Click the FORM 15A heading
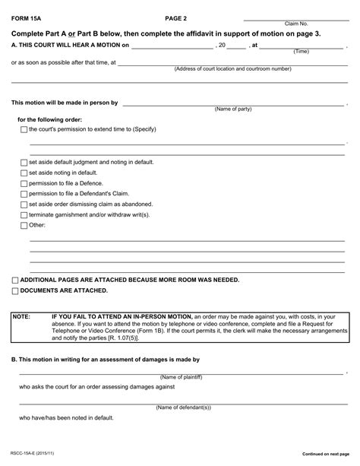pyautogui.click(x=27, y=17)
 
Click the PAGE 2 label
pyautogui.click(x=175, y=17)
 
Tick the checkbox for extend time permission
pyautogui.click(x=24, y=130)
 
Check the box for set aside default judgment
pyautogui.click(x=24, y=163)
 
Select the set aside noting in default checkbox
pyautogui.click(x=24, y=173)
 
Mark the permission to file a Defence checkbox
pyautogui.click(x=24, y=183)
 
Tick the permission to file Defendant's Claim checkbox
pyautogui.click(x=24, y=194)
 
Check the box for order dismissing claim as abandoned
pyautogui.click(x=24, y=204)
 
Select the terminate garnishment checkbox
pyautogui.click(x=24, y=215)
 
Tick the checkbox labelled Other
pyautogui.click(x=24, y=226)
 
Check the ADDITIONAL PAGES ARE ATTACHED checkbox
pyautogui.click(x=15, y=281)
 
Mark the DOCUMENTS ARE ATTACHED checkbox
pyautogui.click(x=15, y=291)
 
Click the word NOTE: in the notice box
pyautogui.click(x=21, y=316)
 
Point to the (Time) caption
pyautogui.click(x=301, y=52)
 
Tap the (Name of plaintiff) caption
pyautogui.click(x=183, y=378)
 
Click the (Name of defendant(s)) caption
pyautogui.click(x=183, y=407)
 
